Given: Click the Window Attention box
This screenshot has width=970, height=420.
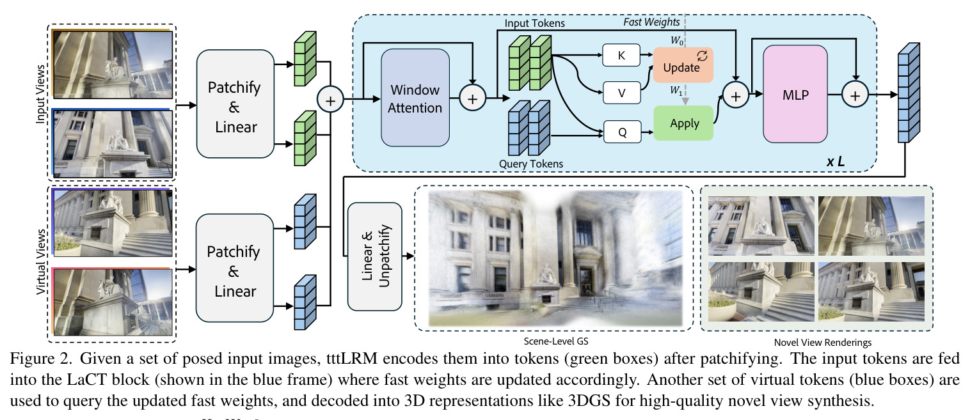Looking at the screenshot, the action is [415, 98].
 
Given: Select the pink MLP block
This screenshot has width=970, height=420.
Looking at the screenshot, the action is [795, 94].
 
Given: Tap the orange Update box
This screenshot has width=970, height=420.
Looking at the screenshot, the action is [683, 65].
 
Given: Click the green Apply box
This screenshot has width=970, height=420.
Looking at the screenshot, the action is [683, 123].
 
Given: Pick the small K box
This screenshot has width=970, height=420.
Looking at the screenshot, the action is [621, 55].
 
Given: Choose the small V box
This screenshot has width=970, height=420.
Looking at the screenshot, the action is [621, 93].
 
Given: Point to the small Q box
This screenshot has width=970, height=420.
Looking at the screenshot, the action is [622, 132].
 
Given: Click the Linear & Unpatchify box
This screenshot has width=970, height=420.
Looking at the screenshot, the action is [374, 256].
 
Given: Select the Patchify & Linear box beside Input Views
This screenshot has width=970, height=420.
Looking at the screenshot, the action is [235, 104].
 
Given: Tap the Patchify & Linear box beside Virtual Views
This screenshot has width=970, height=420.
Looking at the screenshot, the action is [235, 268].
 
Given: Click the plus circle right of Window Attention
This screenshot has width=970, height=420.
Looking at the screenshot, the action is [472, 98].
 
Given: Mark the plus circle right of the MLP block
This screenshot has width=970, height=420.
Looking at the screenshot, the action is [855, 95].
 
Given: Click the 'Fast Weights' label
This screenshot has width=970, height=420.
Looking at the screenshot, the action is [651, 22].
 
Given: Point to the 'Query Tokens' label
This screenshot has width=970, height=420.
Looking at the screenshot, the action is [531, 164].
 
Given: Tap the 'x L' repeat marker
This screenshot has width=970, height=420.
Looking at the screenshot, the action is [836, 161].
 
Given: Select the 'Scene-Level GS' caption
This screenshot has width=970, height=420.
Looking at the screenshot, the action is [556, 341].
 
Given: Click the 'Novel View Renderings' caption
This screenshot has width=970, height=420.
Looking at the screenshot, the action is [823, 343].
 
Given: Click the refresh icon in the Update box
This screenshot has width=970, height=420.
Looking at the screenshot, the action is [702, 56].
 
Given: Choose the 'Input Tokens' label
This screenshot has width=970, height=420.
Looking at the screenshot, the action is [534, 23].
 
